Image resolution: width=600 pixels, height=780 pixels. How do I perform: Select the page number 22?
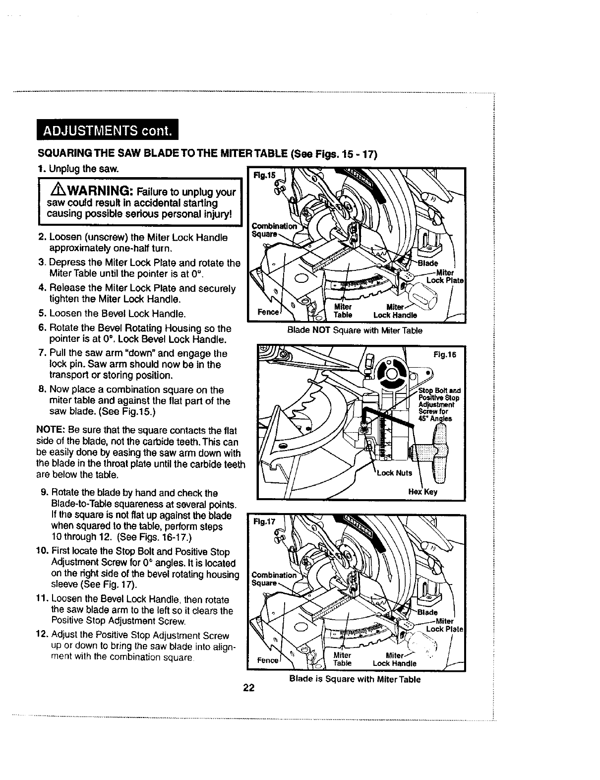[248, 688]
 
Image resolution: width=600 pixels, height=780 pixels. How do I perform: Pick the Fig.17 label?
[264, 522]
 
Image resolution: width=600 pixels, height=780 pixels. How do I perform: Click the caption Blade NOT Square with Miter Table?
[355, 330]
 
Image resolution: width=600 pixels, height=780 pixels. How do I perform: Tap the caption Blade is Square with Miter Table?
[355, 679]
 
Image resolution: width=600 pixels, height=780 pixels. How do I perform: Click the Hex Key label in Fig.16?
[422, 492]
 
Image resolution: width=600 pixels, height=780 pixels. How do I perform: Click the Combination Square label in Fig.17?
[273, 579]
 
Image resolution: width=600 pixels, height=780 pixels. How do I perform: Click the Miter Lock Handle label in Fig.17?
[395, 659]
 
